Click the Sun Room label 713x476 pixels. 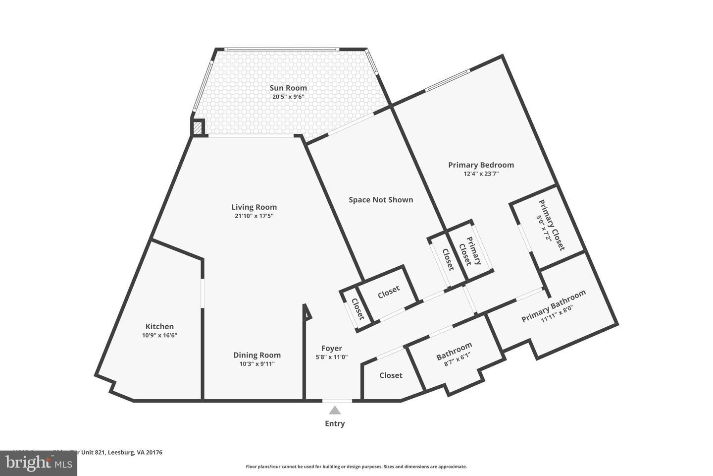point(288,88)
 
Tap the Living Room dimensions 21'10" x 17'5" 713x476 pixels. point(254,216)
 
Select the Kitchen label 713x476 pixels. point(159,326)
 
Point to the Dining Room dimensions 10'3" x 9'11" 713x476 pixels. point(257,364)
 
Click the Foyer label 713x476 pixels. point(332,348)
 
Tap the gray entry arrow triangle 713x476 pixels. point(335,410)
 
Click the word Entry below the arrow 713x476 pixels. point(335,423)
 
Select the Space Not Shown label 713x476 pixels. point(381,200)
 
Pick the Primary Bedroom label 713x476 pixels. point(481,165)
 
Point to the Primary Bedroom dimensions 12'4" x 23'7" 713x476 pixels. point(481,174)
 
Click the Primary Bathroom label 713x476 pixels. point(553,305)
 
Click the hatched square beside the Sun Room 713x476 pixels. point(198,128)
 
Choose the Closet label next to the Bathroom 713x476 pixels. point(391,375)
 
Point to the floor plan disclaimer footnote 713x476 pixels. point(356,467)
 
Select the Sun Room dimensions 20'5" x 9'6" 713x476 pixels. point(288,97)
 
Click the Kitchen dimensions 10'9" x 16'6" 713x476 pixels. point(159,336)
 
